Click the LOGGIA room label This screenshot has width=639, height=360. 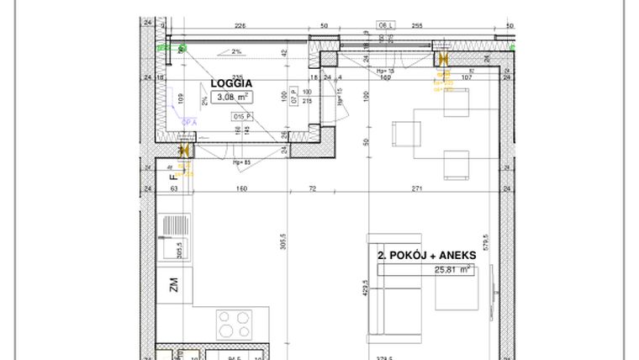click(230, 83)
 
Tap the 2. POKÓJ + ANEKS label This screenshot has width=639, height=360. click(426, 255)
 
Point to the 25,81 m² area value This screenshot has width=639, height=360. click(451, 270)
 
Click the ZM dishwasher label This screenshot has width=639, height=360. click(174, 286)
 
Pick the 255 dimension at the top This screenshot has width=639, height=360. click(416, 25)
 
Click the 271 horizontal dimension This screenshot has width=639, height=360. click(417, 189)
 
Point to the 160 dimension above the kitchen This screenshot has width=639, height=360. click(241, 189)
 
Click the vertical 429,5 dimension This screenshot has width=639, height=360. click(364, 289)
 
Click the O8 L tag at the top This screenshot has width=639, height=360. click(387, 25)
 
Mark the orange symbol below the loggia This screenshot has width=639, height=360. click(184, 151)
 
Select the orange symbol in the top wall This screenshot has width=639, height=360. click(441, 59)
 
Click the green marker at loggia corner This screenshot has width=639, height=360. click(182, 49)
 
